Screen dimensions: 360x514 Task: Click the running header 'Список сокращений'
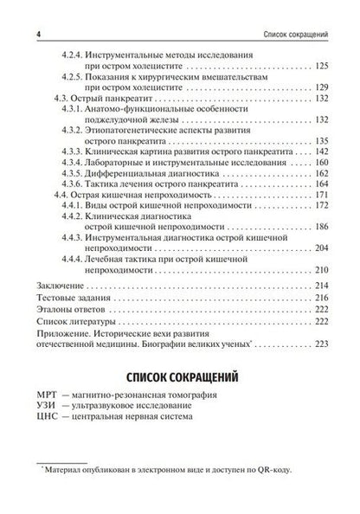click(294, 10)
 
